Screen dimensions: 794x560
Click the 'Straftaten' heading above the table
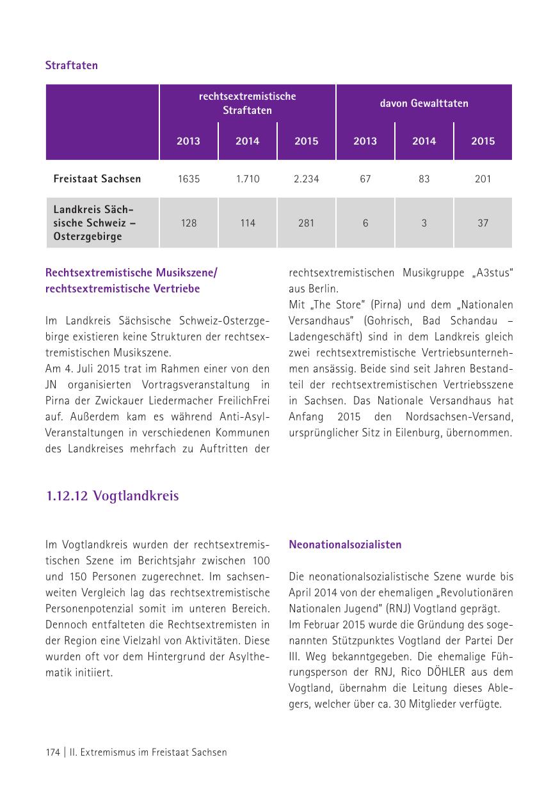click(x=71, y=65)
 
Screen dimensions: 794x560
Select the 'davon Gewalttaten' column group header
click(x=424, y=103)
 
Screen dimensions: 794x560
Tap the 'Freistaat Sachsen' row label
click(x=97, y=179)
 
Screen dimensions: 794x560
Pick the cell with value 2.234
click(x=306, y=179)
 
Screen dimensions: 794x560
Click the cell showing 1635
click(x=189, y=179)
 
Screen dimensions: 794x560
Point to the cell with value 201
click(x=483, y=179)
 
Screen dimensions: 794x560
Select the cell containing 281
click(x=306, y=223)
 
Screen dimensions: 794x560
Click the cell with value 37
click(x=483, y=223)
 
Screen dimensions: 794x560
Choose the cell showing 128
click(x=189, y=223)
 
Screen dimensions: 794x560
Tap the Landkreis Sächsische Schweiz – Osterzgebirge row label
click(x=95, y=223)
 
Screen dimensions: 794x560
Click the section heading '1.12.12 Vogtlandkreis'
click(x=112, y=496)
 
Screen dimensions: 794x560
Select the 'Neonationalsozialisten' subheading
click(x=345, y=544)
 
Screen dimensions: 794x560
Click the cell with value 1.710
click(x=247, y=179)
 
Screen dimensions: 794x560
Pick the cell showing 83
click(x=424, y=179)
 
